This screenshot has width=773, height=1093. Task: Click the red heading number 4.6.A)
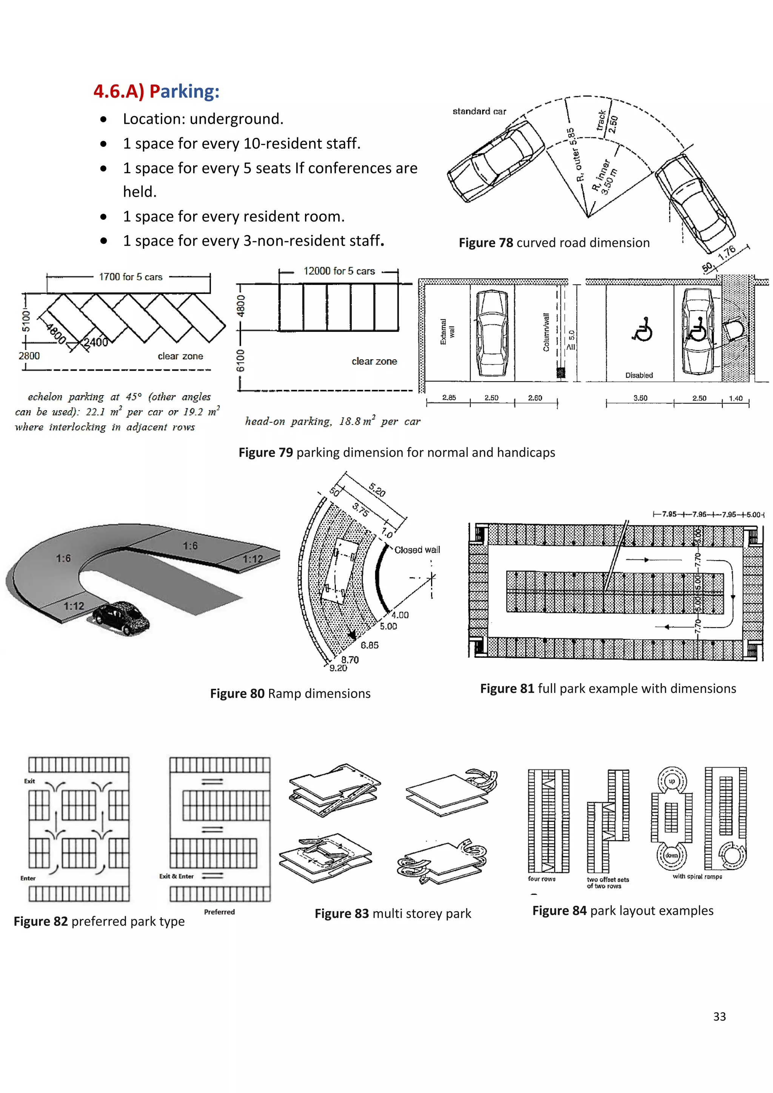pos(119,91)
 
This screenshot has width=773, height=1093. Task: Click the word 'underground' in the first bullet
pos(236,119)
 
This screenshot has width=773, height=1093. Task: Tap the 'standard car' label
pos(479,111)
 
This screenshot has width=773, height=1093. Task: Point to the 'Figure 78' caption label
pos(485,243)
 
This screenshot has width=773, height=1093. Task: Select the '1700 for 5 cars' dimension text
pos(131,277)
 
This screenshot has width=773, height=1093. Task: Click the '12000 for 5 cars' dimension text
pos(339,271)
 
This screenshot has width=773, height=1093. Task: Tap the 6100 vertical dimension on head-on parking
pos(241,360)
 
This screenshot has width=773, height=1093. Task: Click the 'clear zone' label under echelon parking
pos(180,356)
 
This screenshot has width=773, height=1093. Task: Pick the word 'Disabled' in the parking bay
pos(639,375)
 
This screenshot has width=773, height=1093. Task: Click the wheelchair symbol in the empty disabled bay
pos(642,329)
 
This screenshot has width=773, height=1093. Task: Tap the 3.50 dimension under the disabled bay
pos(640,398)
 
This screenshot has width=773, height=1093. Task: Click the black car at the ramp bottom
pos(121,618)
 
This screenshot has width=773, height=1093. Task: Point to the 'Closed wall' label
pos(417,550)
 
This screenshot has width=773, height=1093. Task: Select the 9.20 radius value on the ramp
pos(338,668)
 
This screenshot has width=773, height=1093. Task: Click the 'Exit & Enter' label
pos(177,876)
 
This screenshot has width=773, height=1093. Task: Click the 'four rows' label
pos(542,879)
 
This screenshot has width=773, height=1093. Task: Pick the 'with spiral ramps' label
pos(697,876)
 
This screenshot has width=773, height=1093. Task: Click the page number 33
pos(719,1016)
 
